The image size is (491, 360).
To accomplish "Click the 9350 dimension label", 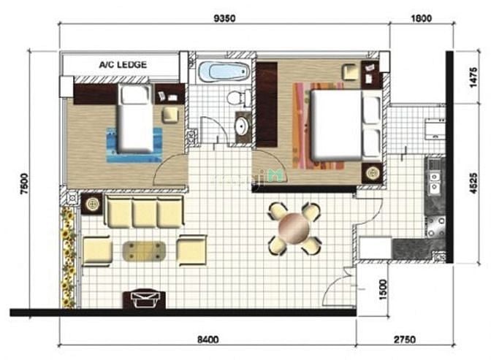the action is (224, 18).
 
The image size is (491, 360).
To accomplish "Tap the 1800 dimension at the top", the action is (421, 18).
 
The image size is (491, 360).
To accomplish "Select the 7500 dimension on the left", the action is (24, 184).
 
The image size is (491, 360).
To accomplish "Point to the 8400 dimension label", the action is (208, 340).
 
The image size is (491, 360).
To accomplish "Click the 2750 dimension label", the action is (405, 340).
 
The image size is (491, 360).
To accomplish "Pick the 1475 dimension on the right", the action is (473, 77).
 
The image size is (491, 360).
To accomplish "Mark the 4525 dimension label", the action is (473, 183).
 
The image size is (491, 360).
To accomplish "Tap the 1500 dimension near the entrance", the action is (384, 290).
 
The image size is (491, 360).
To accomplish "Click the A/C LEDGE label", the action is (123, 65).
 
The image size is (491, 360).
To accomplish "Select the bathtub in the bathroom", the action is (224, 72).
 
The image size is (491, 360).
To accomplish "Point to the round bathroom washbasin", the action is (243, 127).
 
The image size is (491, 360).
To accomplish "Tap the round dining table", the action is (294, 228).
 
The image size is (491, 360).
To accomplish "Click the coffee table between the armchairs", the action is (144, 251).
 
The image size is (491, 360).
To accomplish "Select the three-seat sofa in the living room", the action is (144, 211).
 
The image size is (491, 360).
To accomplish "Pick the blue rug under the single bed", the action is (134, 145).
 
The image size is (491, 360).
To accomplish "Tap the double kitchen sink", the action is (434, 183).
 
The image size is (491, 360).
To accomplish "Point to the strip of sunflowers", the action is (68, 257).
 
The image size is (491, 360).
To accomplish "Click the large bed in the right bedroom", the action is (346, 125).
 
